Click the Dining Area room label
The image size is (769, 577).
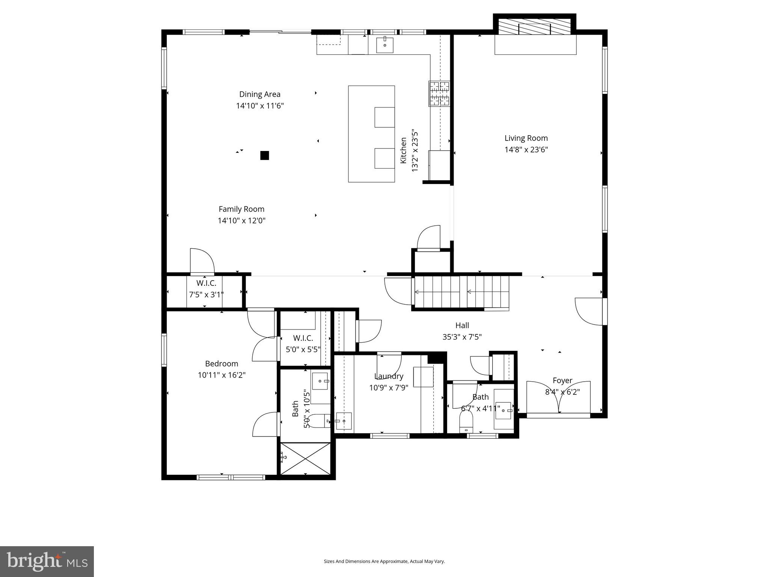pyautogui.click(x=260, y=94)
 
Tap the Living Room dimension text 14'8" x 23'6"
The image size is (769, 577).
pyautogui.click(x=526, y=150)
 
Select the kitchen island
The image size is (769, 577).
pyautogui.click(x=371, y=134)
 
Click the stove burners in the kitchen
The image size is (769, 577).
pyautogui.click(x=439, y=94)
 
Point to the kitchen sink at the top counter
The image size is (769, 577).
pyautogui.click(x=384, y=45)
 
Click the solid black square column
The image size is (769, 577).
pyautogui.click(x=265, y=155)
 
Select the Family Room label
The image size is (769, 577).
pyautogui.click(x=241, y=209)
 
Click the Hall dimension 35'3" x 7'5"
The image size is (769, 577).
pyautogui.click(x=462, y=337)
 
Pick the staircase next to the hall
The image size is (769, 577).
pyautogui.click(x=461, y=292)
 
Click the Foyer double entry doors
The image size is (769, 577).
pyautogui.click(x=558, y=398)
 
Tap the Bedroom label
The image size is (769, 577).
pyautogui.click(x=222, y=364)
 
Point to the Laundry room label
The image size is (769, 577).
pyautogui.click(x=389, y=376)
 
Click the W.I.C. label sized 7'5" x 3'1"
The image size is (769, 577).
pyautogui.click(x=206, y=283)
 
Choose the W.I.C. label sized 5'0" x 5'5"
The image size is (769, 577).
pyautogui.click(x=303, y=338)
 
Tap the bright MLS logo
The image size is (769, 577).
pyautogui.click(x=47, y=561)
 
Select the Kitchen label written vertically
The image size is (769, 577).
pyautogui.click(x=403, y=150)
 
